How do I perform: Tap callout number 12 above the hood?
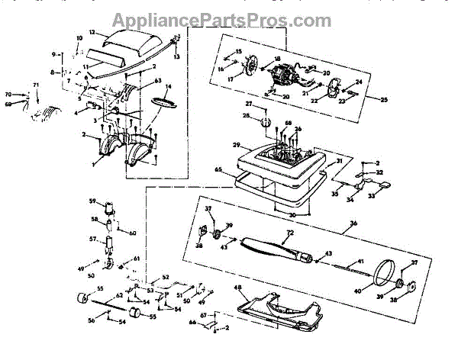[92, 34]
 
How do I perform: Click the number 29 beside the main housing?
[237, 145]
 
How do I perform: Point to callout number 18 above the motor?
[277, 59]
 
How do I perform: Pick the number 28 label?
[246, 116]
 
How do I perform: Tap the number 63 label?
[158, 80]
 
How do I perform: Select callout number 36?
[353, 223]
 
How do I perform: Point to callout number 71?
[35, 84]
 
